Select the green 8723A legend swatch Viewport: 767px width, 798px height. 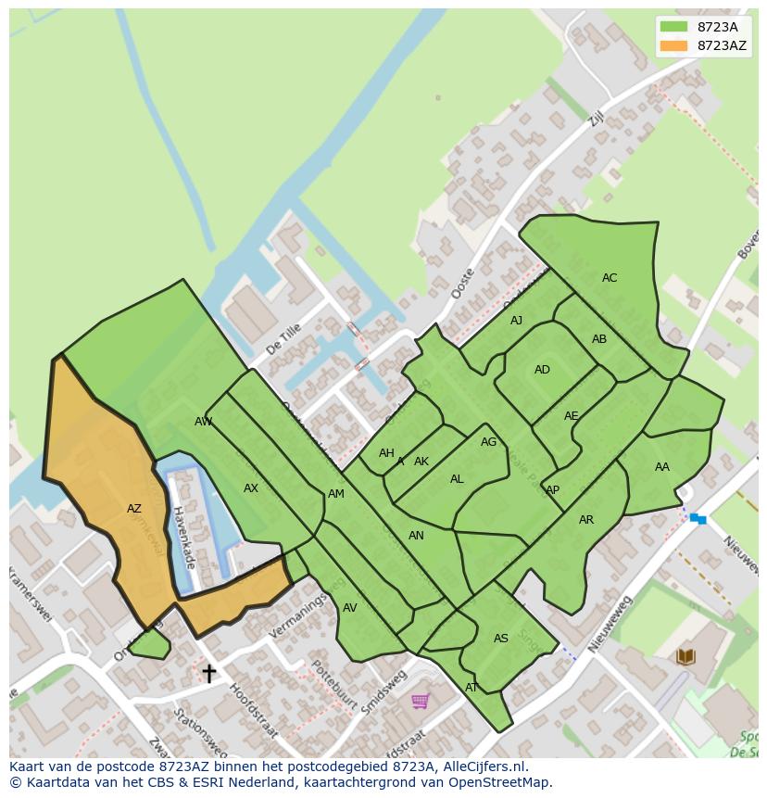[x=673, y=27]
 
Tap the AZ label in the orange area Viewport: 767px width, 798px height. [x=134, y=509]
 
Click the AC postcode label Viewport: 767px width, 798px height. [x=610, y=278]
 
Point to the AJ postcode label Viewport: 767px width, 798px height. [x=516, y=321]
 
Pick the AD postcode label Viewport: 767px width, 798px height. [x=542, y=370]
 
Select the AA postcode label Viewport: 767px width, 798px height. [x=661, y=467]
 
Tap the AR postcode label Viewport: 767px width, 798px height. [x=586, y=520]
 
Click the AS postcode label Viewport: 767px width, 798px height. [x=501, y=639]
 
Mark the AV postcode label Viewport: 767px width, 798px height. [x=349, y=608]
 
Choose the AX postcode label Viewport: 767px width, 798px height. [x=251, y=488]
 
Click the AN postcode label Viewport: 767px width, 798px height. [x=416, y=536]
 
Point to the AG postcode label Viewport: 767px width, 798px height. [x=488, y=442]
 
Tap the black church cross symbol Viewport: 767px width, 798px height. [x=209, y=673]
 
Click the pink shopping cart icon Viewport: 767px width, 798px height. [x=420, y=702]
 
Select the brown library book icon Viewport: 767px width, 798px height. [x=685, y=657]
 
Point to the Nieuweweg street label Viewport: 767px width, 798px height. [x=610, y=621]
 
